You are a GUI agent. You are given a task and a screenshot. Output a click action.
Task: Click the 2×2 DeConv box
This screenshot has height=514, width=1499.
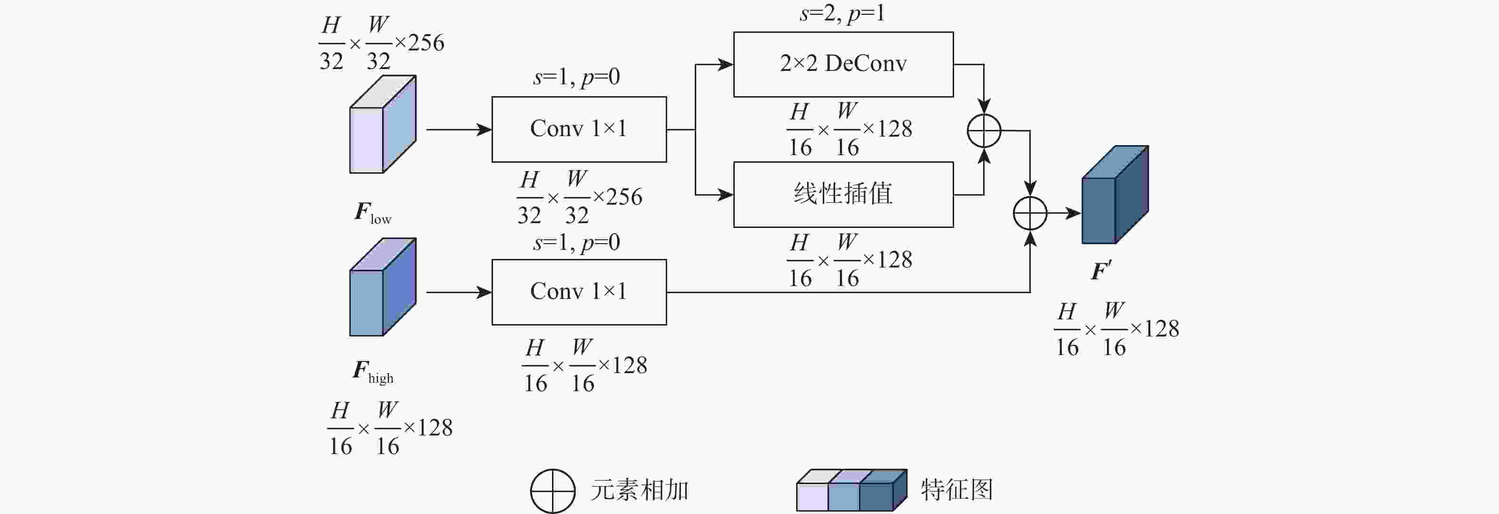coord(843,64)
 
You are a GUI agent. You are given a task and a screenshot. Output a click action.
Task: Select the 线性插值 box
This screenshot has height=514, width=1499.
coord(843,194)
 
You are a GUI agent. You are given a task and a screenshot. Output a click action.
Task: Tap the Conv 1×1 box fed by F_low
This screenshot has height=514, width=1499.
coord(579,129)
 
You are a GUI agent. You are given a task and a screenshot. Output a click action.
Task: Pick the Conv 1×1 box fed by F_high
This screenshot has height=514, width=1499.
coord(579,292)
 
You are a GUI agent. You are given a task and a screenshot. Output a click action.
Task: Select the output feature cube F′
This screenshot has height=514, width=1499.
coord(1114,195)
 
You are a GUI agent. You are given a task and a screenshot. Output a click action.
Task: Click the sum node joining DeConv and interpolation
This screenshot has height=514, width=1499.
coord(984,130)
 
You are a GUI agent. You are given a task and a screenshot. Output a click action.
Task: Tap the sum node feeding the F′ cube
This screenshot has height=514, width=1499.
coord(1030,213)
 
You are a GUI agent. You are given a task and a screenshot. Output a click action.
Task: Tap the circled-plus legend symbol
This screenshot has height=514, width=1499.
coord(552,491)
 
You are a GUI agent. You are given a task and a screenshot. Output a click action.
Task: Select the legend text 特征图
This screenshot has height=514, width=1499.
coord(957,490)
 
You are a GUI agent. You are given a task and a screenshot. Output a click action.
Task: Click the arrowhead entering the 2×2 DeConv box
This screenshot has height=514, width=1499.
coord(726,65)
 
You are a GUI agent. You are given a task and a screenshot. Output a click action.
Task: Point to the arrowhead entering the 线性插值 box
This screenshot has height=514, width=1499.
coord(726,195)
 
